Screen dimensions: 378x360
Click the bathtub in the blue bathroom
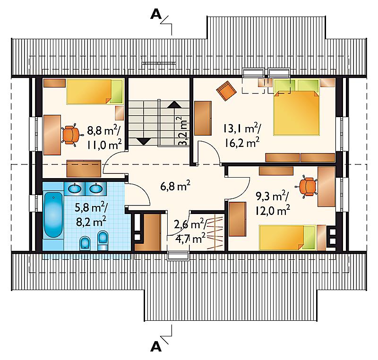[53, 215]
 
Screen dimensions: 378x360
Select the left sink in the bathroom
[74, 188]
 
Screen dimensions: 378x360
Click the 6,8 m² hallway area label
[175, 186]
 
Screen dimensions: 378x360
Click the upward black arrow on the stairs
[174, 104]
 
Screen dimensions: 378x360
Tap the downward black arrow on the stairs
[144, 141]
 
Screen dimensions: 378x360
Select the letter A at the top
[156, 15]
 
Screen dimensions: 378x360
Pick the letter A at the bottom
[156, 347]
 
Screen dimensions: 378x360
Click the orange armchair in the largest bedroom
[226, 91]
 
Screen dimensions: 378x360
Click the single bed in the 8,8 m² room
[95, 92]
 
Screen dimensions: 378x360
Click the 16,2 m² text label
[242, 143]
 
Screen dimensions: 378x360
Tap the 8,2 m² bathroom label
[91, 222]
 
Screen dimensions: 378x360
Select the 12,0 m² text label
[273, 211]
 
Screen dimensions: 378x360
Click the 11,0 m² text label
[104, 145]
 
